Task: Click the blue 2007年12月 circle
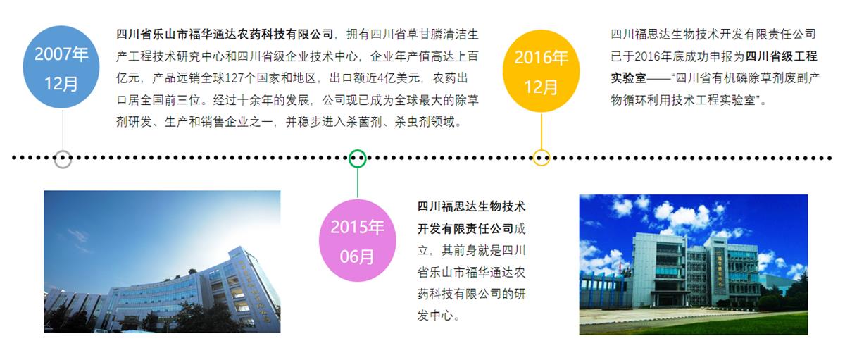pos(61,67)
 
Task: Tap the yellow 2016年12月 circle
pos(541,71)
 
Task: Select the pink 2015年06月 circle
pos(357,240)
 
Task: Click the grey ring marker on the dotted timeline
pos(63,159)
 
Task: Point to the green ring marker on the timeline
pos(357,159)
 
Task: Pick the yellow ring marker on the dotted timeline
pos(542,158)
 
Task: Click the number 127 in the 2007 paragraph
pos(234,78)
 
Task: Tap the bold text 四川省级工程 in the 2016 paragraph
pos(781,56)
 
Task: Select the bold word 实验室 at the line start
pos(628,78)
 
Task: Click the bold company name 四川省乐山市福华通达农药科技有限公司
pos(225,35)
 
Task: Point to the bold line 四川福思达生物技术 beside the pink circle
pos(471,207)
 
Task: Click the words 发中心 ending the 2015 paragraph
pos(435,316)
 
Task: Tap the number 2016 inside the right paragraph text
pos(647,56)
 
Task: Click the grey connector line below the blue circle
pos(63,130)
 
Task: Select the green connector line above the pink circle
pos(358,183)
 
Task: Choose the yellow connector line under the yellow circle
pos(542,131)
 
